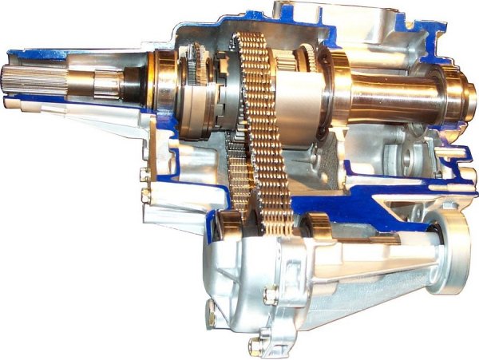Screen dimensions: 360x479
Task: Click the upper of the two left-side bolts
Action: pyautogui.click(x=144, y=175)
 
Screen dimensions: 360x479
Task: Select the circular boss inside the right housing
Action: pyautogui.click(x=408, y=160)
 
